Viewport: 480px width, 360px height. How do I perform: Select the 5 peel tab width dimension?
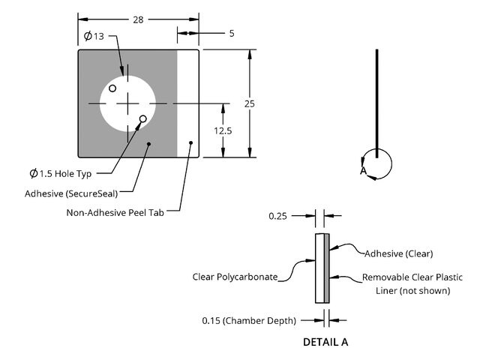232,33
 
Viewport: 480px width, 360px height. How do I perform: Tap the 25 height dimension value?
250,103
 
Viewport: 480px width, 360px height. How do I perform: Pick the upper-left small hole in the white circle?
112,88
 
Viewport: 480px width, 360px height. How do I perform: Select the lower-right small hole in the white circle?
142,118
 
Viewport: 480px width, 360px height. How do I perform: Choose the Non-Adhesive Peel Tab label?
115,212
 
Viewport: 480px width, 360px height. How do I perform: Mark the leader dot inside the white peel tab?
191,142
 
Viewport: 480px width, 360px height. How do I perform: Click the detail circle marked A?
376,164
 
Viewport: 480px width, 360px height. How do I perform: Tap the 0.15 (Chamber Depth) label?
249,320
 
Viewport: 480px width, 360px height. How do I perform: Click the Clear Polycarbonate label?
235,276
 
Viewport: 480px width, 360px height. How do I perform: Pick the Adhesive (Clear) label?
399,253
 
